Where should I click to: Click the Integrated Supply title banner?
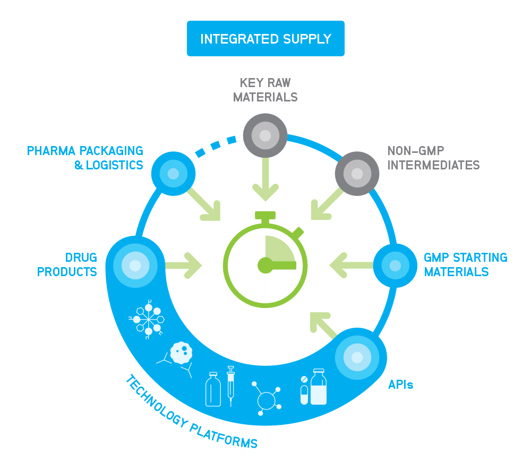265,39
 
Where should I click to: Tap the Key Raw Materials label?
265,90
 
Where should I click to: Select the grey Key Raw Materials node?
265,135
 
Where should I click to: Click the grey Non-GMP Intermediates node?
357,174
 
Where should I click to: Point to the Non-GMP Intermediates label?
433,157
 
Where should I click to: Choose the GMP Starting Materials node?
395,265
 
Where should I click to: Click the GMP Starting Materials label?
465,264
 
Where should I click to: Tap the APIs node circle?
357,357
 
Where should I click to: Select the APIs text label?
400,384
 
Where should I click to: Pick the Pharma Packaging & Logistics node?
173,174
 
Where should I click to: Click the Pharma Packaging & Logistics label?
85,158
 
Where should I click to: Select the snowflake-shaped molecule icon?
148,319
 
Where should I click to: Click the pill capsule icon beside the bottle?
304,394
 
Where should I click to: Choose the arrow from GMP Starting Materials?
350,264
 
